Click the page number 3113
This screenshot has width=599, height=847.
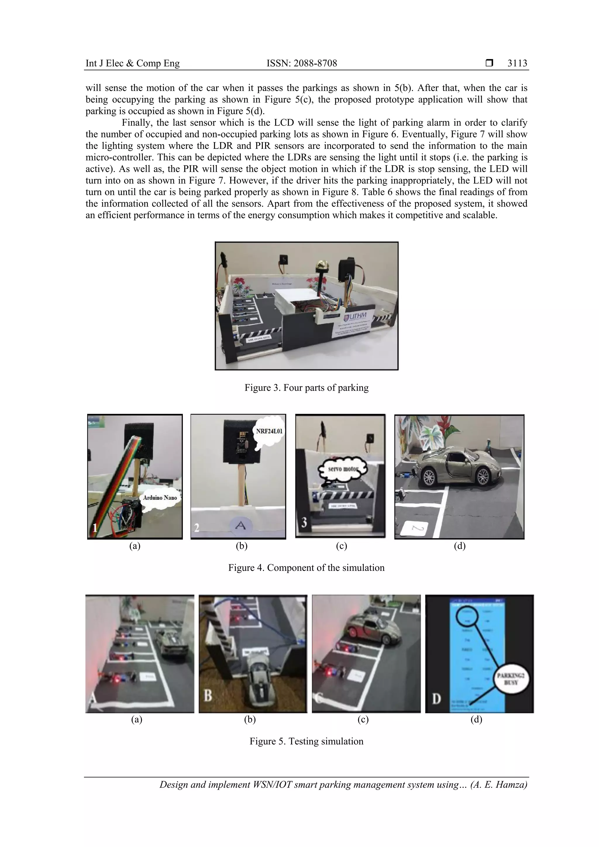pos(517,63)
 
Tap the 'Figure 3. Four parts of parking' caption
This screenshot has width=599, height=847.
pos(306,388)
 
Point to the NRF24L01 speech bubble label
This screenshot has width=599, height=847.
pos(269,431)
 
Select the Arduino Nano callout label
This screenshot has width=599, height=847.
pos(160,498)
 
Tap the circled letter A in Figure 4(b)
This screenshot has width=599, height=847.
pos(240,525)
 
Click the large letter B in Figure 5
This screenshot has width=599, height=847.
pos(208,696)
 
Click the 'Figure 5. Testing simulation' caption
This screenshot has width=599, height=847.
pos(306,741)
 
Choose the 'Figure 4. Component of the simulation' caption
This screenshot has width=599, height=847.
pos(306,568)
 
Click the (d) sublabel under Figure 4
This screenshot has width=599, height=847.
pos(459,546)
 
